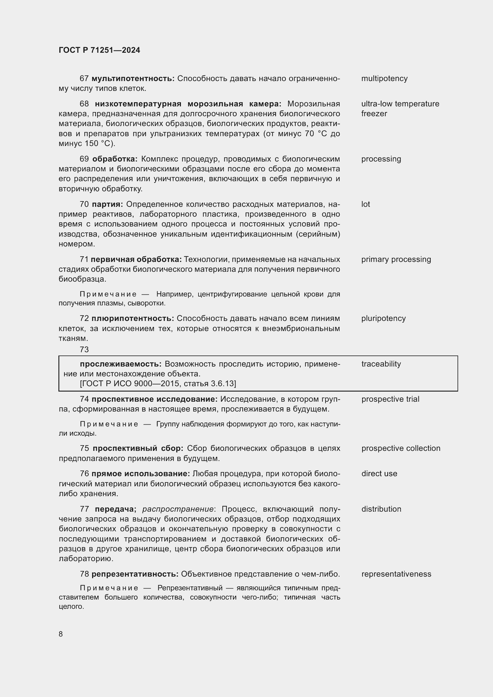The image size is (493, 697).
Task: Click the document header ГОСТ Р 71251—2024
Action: click(x=99, y=50)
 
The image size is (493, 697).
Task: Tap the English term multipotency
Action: click(x=384, y=78)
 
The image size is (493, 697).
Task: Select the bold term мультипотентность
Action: click(x=133, y=78)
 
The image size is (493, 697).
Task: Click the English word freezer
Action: click(x=374, y=114)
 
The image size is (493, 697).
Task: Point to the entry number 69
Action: click(x=84, y=159)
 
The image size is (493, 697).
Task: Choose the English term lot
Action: click(x=365, y=204)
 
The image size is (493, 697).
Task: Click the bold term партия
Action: click(x=108, y=204)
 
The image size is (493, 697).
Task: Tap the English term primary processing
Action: click(x=396, y=259)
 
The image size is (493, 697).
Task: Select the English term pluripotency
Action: click(x=383, y=318)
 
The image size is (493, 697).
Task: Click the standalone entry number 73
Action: click(x=84, y=350)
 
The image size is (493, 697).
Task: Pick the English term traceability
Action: click(x=381, y=364)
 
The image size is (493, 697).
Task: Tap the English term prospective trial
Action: click(x=390, y=399)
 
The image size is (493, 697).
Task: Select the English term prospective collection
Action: click(x=401, y=448)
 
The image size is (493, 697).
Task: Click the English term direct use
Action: click(x=379, y=473)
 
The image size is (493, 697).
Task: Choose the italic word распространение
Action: click(x=178, y=509)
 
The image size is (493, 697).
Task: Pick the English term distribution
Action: click(x=381, y=509)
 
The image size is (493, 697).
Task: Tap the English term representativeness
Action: click(x=396, y=574)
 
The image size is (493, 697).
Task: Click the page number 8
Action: click(x=61, y=634)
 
